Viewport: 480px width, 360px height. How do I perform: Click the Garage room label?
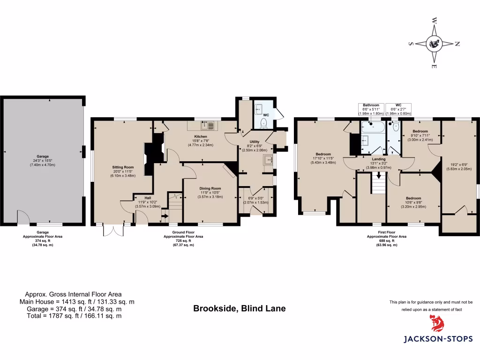43,157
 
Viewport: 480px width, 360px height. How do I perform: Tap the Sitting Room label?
123,167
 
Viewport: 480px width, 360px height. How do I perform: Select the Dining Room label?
210,188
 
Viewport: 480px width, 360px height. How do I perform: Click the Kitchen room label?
201,136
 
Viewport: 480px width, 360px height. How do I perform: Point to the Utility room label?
255,141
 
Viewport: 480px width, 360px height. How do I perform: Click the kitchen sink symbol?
207,125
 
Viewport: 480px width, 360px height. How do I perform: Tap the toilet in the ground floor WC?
263,123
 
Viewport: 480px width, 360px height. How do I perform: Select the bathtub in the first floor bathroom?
372,127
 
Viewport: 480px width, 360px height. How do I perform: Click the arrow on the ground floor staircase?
165,216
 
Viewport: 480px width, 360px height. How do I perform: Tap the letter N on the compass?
457,44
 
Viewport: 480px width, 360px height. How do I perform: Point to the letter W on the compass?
435,21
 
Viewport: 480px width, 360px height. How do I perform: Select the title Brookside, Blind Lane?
239,309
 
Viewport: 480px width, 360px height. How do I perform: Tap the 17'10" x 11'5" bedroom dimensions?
323,158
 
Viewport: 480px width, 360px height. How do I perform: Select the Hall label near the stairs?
148,198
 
